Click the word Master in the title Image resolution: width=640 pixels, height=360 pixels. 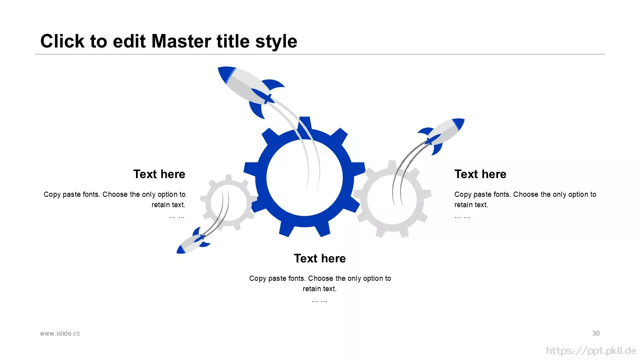(x=182, y=41)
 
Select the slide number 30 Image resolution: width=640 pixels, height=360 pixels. (x=596, y=334)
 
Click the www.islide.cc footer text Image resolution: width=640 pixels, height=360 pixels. (x=60, y=334)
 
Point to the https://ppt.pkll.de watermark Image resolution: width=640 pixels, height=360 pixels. (x=591, y=351)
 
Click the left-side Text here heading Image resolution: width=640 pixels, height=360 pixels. (x=159, y=174)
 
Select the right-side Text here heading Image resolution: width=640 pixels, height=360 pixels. (x=480, y=174)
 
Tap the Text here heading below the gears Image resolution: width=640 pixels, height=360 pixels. (x=320, y=258)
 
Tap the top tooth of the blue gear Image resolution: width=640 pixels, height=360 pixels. (x=305, y=123)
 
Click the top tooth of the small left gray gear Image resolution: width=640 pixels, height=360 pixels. (x=228, y=178)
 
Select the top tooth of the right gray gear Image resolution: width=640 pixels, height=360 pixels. (x=392, y=165)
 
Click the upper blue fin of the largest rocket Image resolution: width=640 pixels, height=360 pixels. (x=274, y=85)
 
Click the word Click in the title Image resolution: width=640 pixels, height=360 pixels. (x=62, y=41)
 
